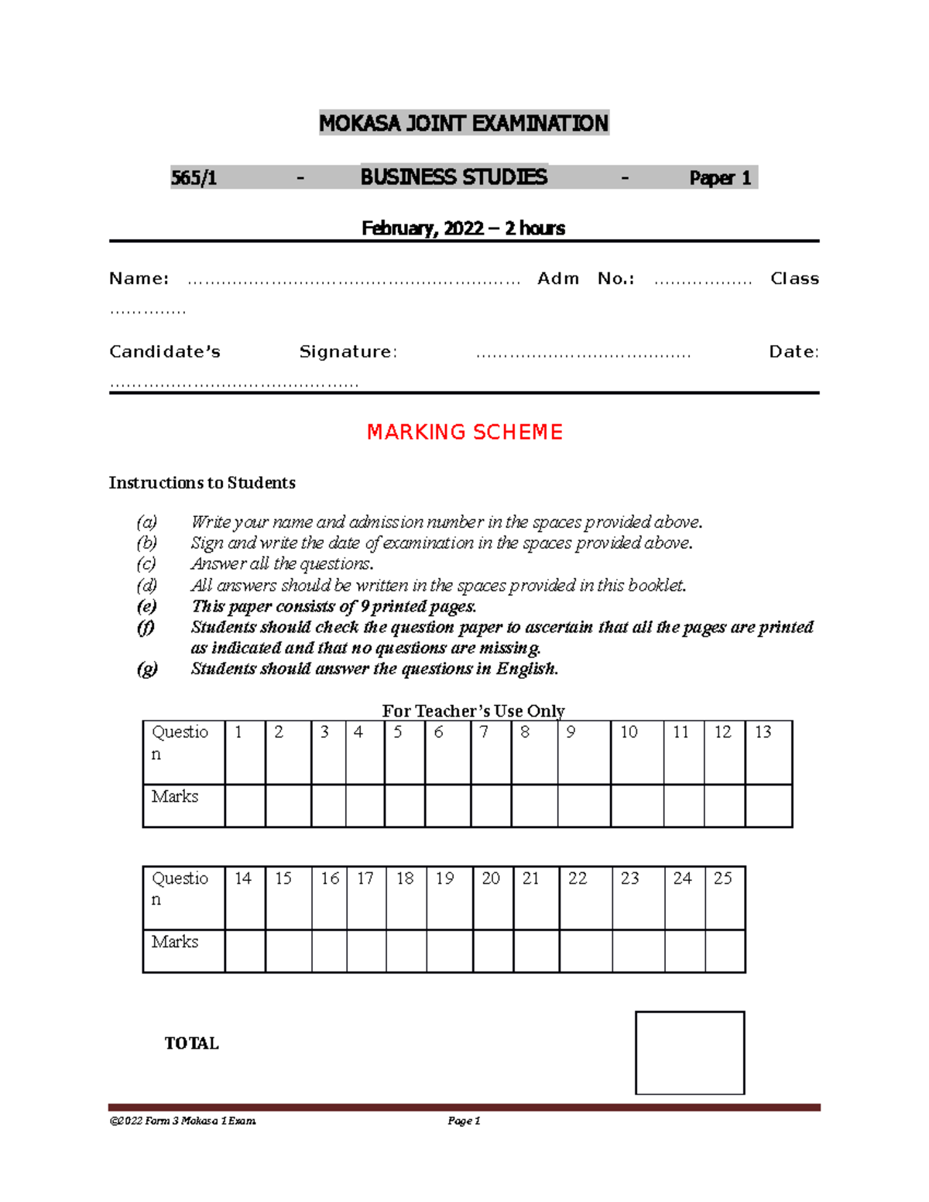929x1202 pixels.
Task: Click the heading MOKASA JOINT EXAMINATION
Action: pos(464,123)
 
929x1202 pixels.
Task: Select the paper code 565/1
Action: pos(194,178)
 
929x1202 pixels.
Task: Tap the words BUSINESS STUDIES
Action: pos(454,177)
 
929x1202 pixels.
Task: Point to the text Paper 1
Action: pos(720,178)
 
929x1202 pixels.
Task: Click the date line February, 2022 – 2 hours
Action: pos(463,228)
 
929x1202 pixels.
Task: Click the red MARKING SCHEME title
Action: pos(464,432)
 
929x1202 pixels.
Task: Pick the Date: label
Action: pos(794,352)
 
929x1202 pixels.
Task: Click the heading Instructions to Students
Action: pos(202,483)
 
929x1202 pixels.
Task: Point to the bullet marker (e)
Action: pos(146,606)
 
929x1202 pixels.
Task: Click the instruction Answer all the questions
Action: pos(283,564)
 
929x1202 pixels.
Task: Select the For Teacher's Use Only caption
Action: pos(473,711)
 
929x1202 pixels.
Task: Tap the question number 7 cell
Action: pos(491,752)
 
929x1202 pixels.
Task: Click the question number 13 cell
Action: pos(768,752)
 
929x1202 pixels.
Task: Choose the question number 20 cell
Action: pos(492,898)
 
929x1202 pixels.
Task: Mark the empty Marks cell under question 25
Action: pos(725,950)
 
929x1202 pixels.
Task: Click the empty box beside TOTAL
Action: pos(690,1053)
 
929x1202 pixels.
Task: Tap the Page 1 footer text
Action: pos(464,1121)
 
